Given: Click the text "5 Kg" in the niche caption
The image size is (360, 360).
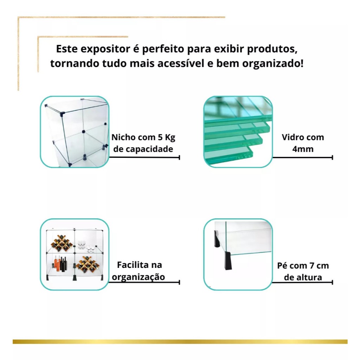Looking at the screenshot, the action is coord(166,137).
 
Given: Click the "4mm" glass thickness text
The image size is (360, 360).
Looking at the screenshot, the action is coord(303,149).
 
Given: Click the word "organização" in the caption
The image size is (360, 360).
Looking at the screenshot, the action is coord(138,277).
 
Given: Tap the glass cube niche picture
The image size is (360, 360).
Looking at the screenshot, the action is coord(75,131).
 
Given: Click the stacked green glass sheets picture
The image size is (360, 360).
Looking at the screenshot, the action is coord(238,131).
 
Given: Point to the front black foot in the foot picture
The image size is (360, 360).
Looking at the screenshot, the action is coord(228,261).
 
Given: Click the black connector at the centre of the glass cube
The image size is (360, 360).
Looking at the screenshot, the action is coord(84,131).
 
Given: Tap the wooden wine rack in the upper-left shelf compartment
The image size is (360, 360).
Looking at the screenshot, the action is coord(62,243).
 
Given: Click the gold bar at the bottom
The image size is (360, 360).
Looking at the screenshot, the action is coord(180,342).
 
